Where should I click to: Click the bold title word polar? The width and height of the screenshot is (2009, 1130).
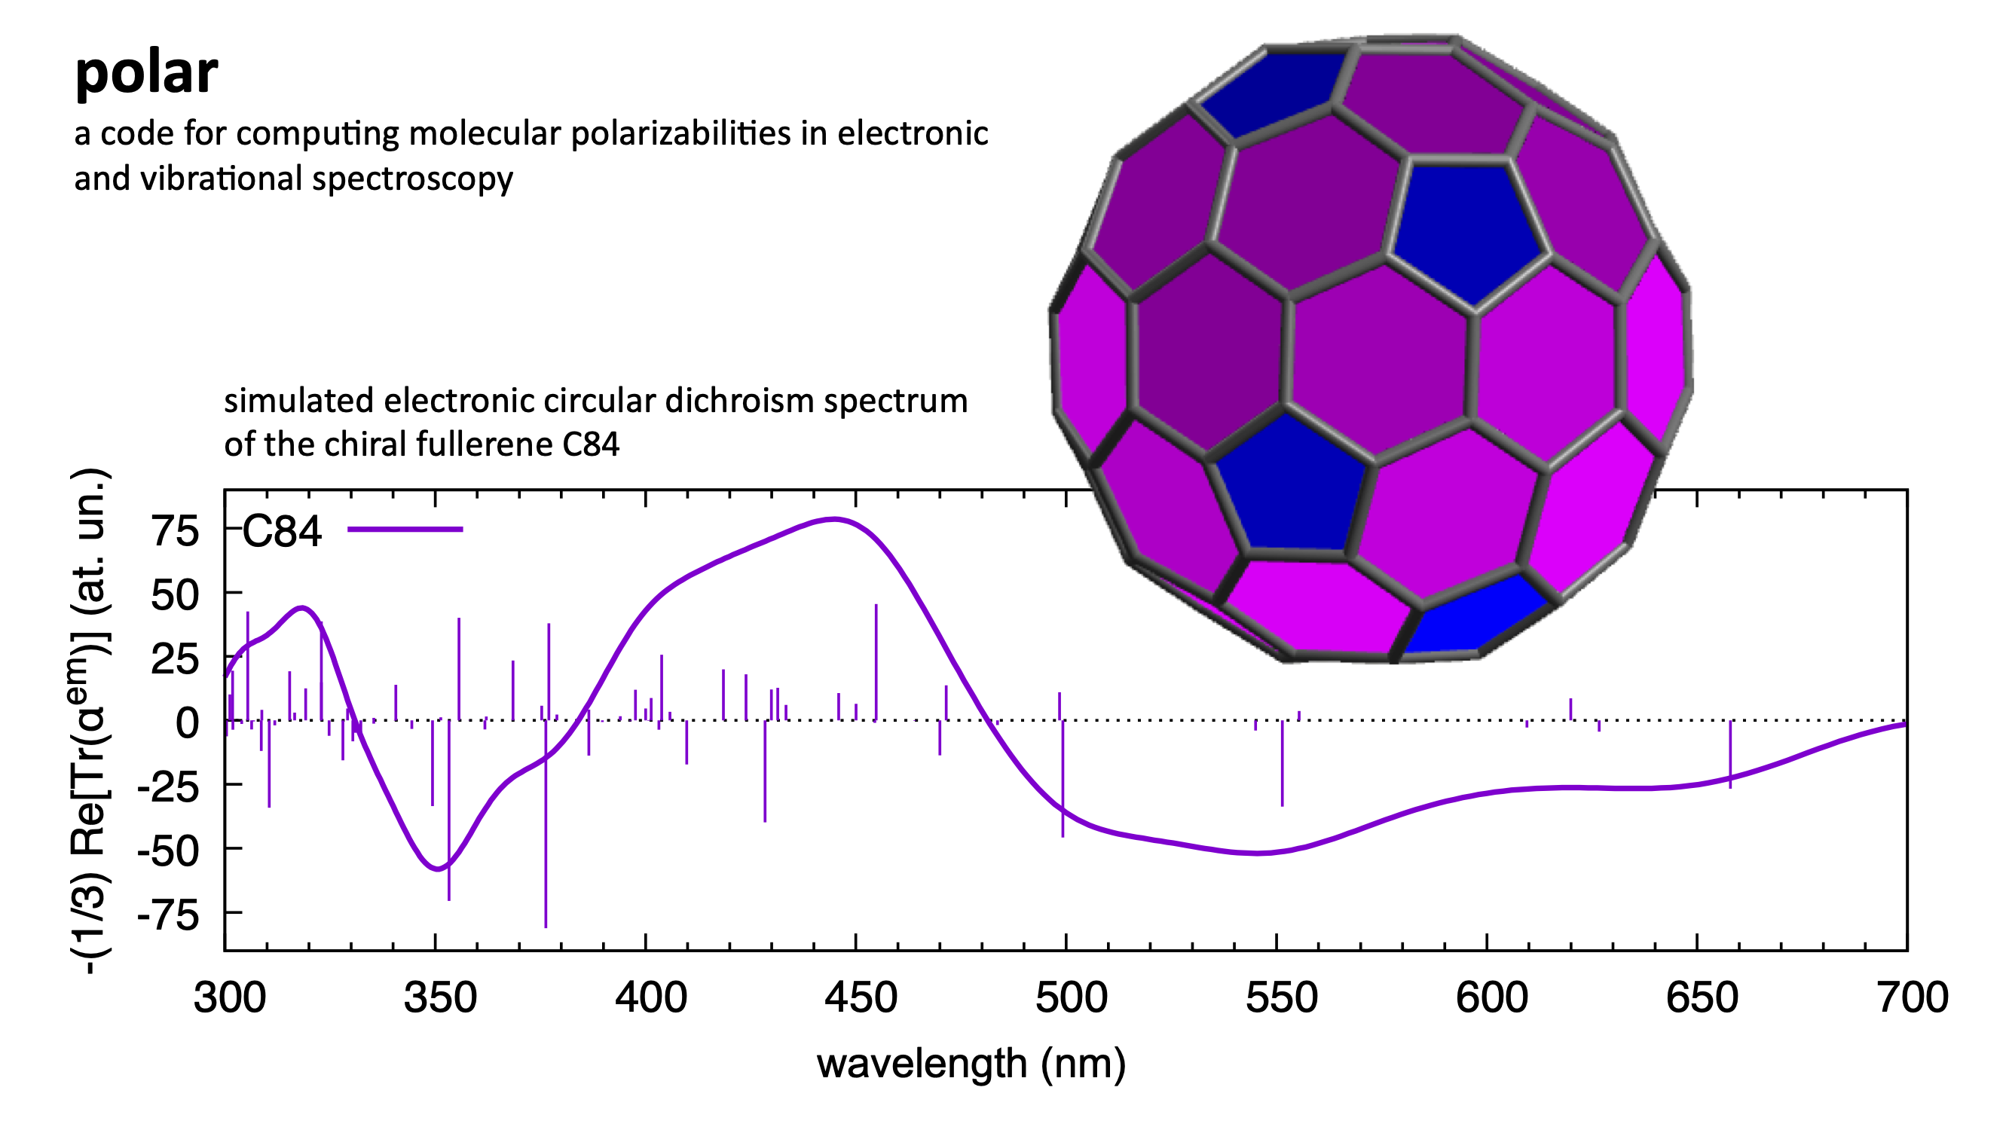pyautogui.click(x=146, y=72)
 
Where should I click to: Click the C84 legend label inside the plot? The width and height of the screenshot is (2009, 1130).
pyautogui.click(x=282, y=532)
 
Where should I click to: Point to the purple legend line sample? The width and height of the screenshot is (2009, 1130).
pyautogui.click(x=405, y=530)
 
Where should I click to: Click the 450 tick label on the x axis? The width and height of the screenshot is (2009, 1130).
pyautogui.click(x=861, y=997)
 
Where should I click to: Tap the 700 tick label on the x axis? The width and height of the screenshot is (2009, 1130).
pyautogui.click(x=1913, y=997)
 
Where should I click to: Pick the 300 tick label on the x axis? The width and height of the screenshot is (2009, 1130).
pyautogui.click(x=229, y=997)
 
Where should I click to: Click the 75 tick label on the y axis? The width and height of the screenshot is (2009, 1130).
pyautogui.click(x=176, y=532)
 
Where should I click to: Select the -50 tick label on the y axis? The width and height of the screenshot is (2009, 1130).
pyautogui.click(x=168, y=850)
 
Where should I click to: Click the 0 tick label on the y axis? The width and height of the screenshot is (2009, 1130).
pyautogui.click(x=187, y=723)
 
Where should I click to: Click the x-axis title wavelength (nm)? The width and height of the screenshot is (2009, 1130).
pyautogui.click(x=971, y=1064)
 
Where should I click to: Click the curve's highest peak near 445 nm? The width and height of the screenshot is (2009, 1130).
pyautogui.click(x=833, y=518)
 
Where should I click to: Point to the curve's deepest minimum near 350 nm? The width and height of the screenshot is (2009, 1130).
pyautogui.click(x=439, y=868)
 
